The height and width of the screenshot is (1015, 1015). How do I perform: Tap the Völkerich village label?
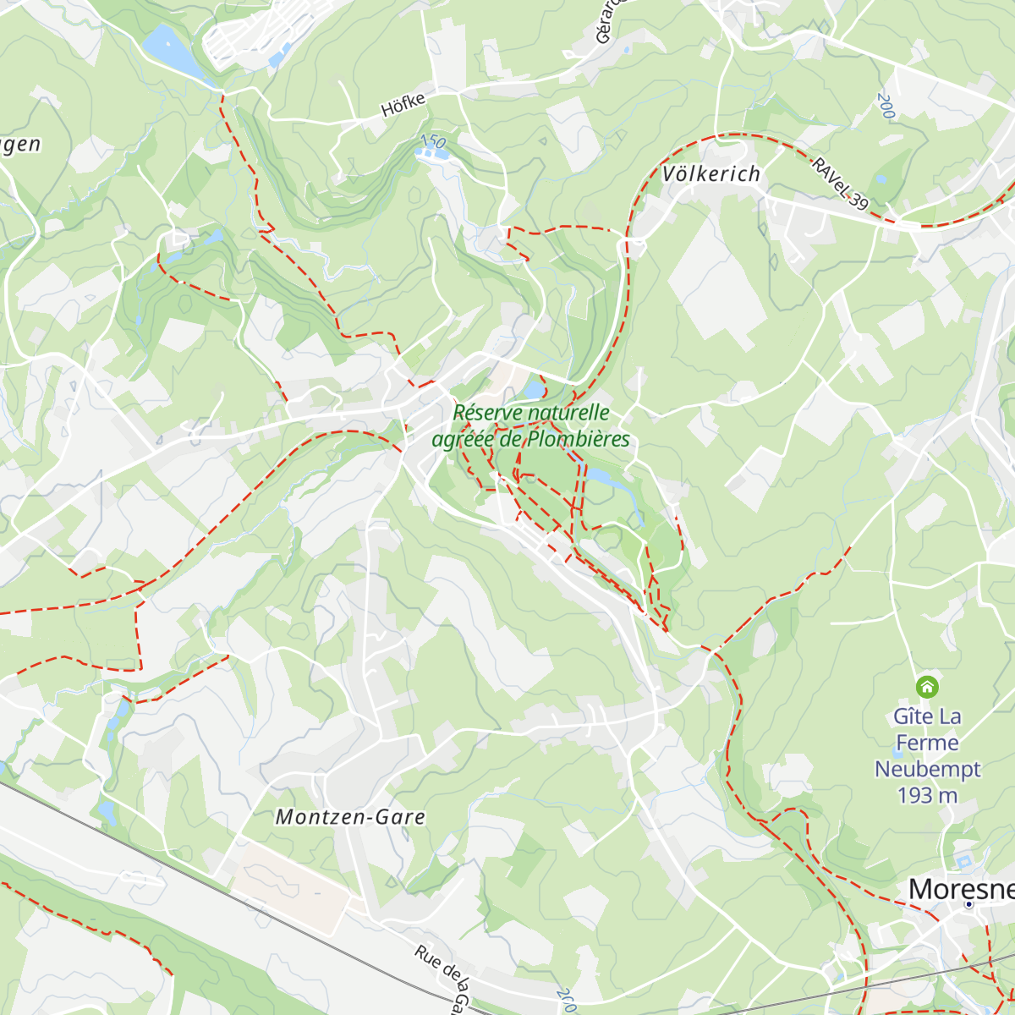710,174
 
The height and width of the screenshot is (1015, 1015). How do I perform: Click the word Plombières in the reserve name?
579,440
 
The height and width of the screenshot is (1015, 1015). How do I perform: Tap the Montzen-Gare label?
350,817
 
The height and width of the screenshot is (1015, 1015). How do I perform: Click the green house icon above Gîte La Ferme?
927,686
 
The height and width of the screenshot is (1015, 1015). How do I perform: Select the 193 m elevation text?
927,796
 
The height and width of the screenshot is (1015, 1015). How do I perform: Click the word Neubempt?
927,770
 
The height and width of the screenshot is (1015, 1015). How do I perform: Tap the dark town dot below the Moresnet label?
968,904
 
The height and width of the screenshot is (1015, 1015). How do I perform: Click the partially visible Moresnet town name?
961,889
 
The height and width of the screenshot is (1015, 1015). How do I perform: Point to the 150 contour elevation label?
432,141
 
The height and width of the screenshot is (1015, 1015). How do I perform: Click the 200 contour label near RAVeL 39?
886,107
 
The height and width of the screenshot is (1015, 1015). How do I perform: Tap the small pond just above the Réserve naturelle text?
534,389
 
